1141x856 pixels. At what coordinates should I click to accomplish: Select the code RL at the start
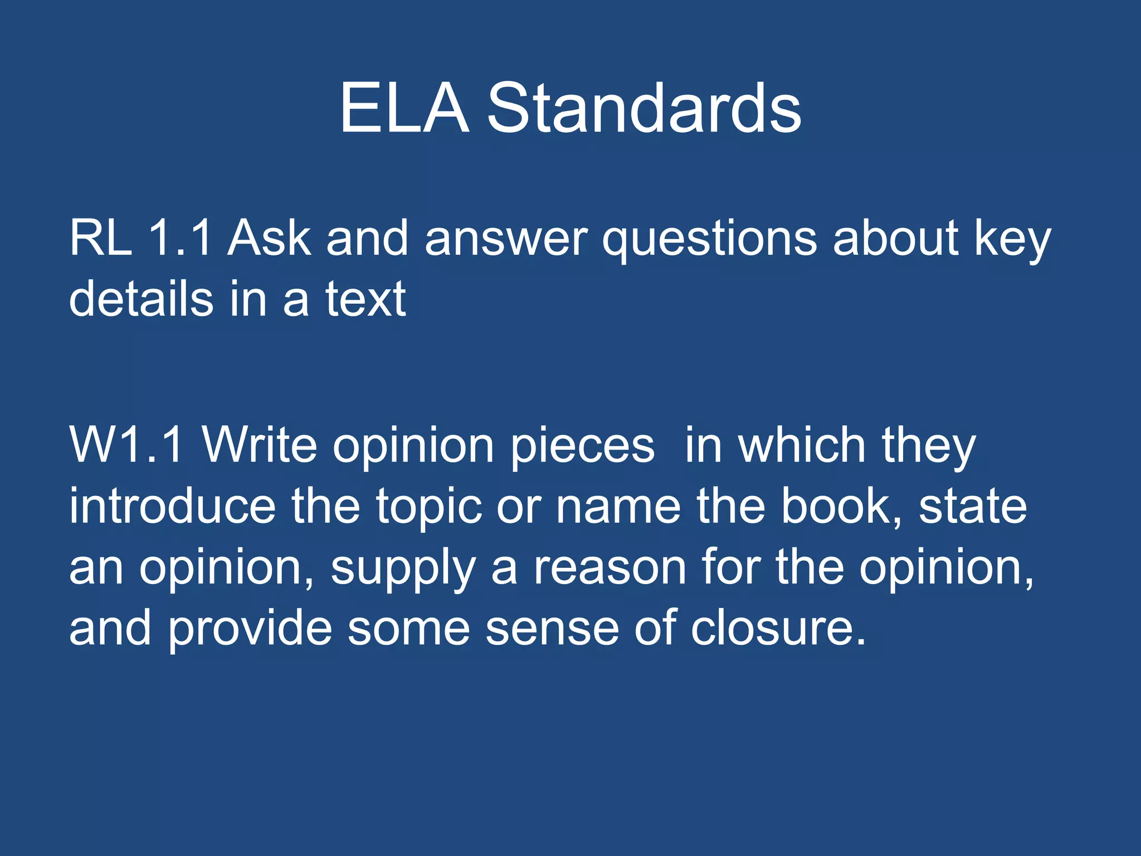pos(101,238)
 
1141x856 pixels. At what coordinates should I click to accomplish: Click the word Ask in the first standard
pos(269,238)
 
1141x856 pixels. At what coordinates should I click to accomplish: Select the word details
pos(141,299)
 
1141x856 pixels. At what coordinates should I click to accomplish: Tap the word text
pos(365,299)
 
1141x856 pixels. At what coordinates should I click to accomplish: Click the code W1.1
pos(126,445)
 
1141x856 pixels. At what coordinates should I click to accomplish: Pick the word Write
pos(259,445)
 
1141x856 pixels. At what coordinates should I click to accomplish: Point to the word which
pos(802,445)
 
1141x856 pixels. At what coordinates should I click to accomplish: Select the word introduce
pos(172,506)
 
